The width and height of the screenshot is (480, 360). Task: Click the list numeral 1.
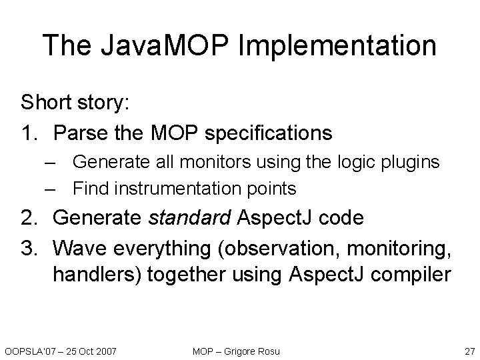29,133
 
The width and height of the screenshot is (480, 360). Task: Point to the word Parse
79,133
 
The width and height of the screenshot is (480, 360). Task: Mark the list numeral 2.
29,218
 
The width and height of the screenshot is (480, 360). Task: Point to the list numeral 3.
29,247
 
